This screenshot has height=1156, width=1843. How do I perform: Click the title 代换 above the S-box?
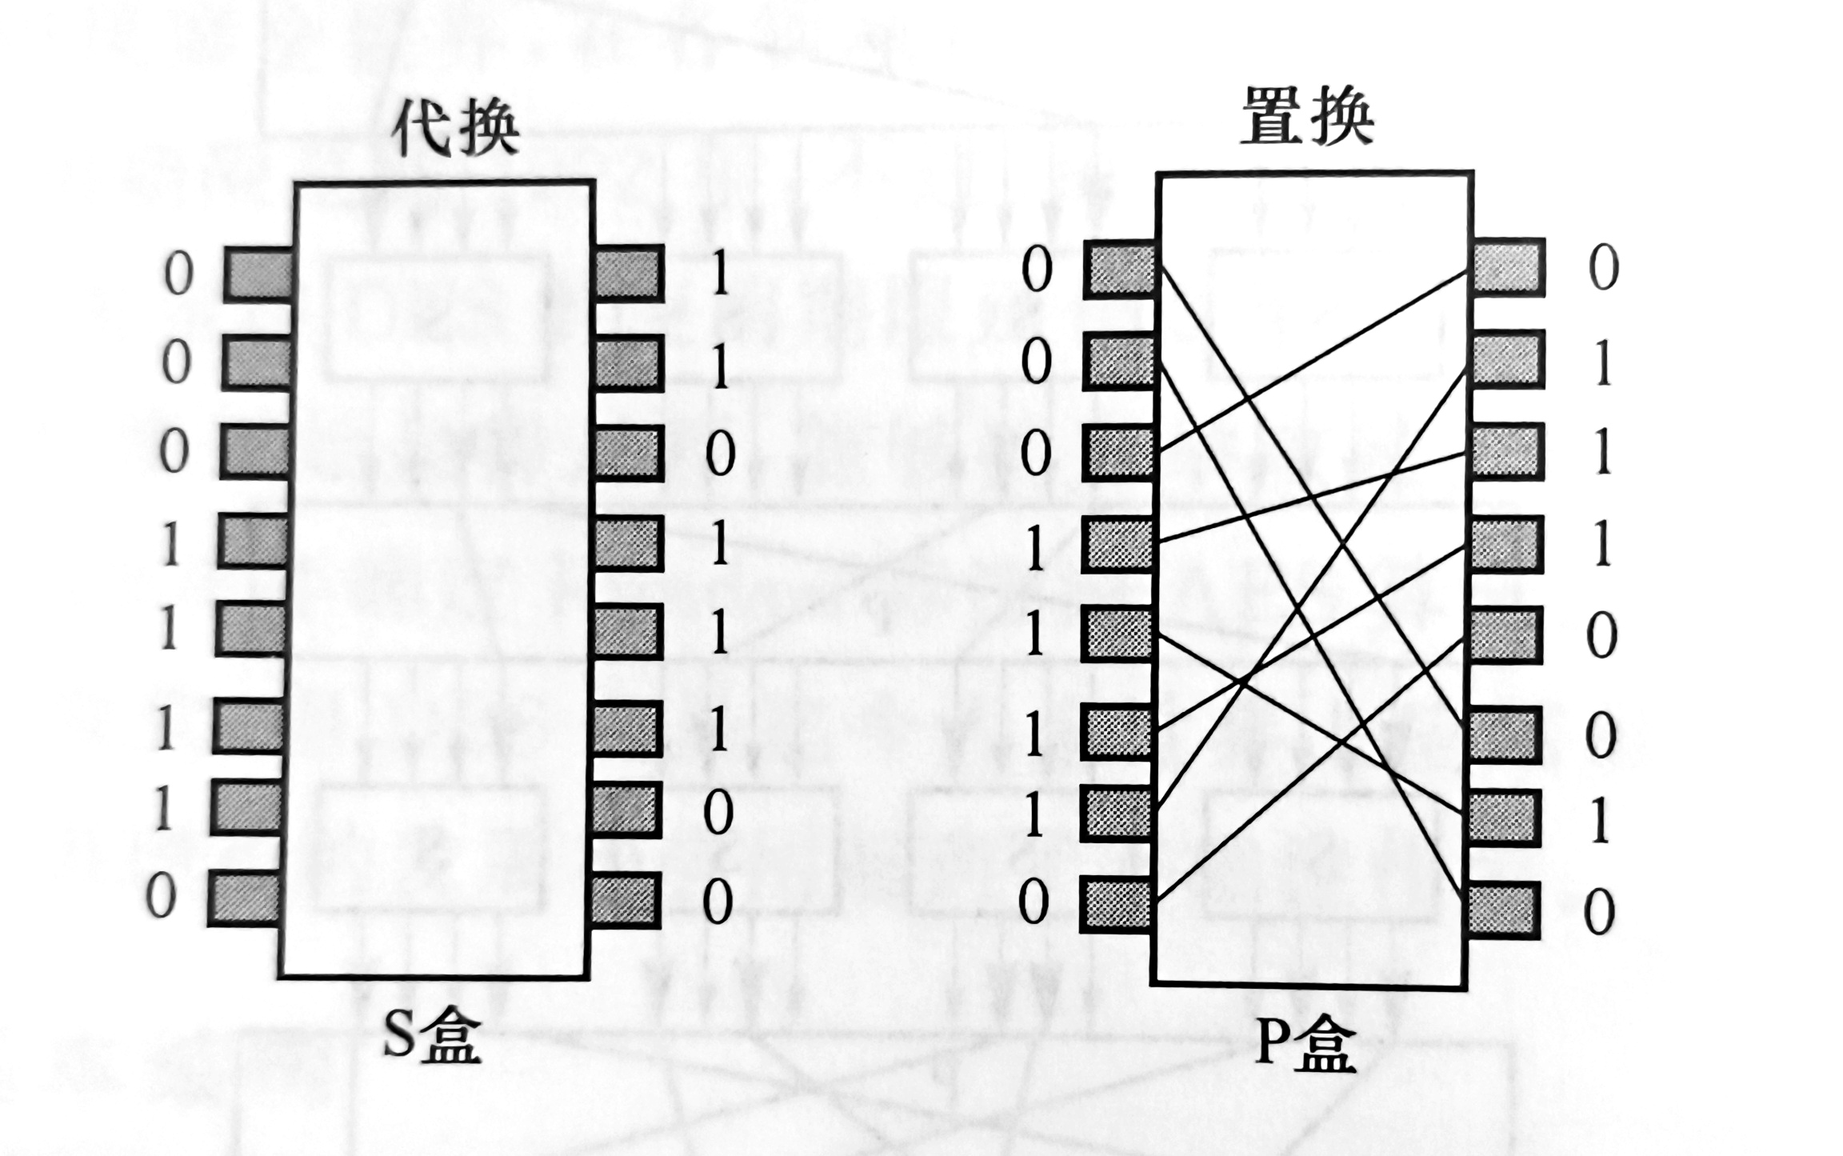point(454,128)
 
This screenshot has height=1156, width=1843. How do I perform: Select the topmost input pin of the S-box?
point(258,274)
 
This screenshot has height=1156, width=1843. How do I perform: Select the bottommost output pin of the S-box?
point(626,900)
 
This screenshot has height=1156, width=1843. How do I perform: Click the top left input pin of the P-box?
point(1120,269)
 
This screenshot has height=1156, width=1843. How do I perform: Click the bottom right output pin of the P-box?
point(1503,910)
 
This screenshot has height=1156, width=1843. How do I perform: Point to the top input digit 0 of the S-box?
point(178,274)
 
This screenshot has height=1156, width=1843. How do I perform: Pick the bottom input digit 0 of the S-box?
point(161,897)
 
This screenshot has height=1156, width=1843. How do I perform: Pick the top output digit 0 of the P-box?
point(1603,268)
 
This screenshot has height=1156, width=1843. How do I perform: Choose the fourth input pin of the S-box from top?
point(254,542)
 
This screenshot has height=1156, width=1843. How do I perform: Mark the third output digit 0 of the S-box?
point(720,455)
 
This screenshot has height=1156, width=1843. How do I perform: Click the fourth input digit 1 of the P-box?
point(1036,550)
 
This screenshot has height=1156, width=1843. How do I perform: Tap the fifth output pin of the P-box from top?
point(1507,635)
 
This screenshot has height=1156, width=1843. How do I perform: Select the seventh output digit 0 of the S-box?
point(718,814)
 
